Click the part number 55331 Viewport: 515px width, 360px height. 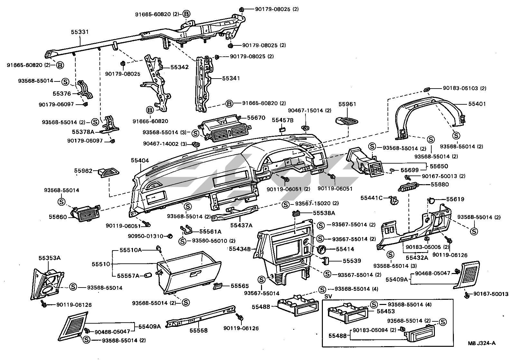[x=80, y=32]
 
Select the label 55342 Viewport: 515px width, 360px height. [x=179, y=67]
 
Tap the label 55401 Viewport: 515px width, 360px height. [x=477, y=104]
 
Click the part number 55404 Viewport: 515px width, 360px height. [x=140, y=160]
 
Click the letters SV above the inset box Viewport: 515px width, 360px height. [x=328, y=296]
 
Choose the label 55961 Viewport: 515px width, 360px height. [x=347, y=104]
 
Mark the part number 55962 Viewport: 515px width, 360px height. [x=83, y=171]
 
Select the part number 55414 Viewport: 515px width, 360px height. [x=345, y=249]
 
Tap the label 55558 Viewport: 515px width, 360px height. [x=198, y=330]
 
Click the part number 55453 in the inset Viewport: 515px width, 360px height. [x=386, y=311]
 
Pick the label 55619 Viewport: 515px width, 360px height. [x=455, y=199]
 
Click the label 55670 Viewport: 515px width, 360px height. [x=256, y=118]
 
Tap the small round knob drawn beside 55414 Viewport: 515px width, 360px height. [x=321, y=250]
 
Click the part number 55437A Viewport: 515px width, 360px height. [x=241, y=225]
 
